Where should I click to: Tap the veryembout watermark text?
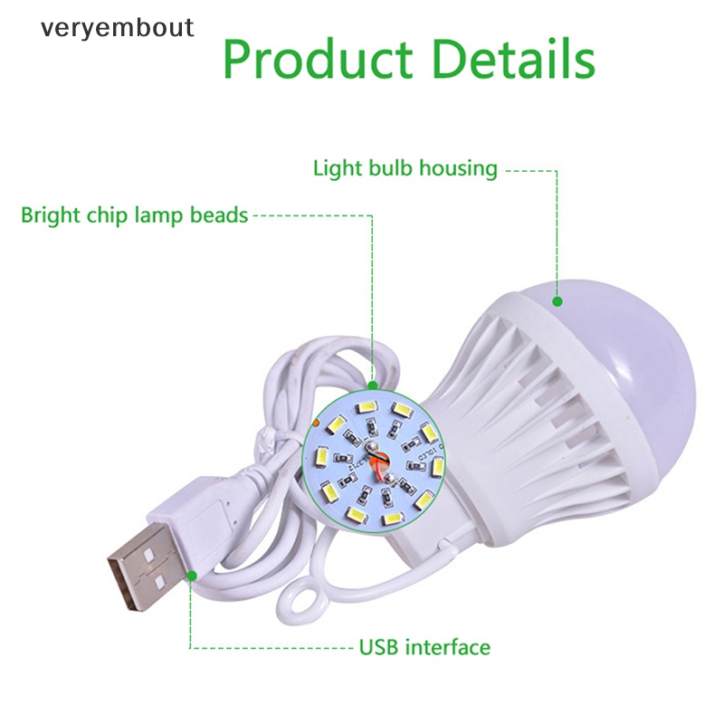(x=117, y=27)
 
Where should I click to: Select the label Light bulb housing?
(x=405, y=168)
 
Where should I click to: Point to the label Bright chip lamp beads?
(x=134, y=215)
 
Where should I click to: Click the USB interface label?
(x=424, y=647)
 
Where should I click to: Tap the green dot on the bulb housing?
(x=557, y=300)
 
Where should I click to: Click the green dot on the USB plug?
(x=192, y=574)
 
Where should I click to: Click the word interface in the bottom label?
(x=447, y=647)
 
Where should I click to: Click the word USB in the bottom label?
(x=379, y=647)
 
